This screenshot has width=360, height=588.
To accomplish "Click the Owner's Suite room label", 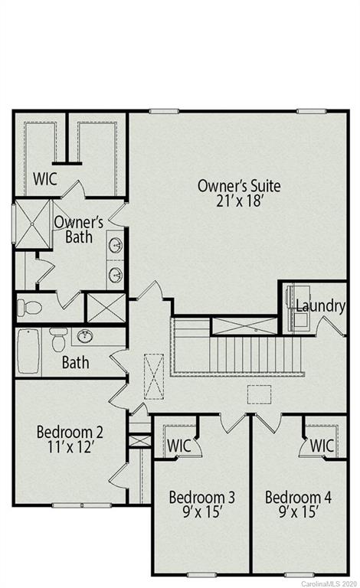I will [239, 185].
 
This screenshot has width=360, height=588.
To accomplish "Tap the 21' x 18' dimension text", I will [239, 201].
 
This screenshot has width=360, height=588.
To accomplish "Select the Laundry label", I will [320, 306].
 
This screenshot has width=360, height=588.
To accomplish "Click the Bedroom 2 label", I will [70, 433].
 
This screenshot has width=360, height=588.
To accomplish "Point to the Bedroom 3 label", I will [201, 498].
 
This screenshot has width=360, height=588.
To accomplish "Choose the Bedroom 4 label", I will [298, 498].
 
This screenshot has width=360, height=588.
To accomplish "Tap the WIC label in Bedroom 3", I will [178, 445].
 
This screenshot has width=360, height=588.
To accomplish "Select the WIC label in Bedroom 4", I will [322, 445].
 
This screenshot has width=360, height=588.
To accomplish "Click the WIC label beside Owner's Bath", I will [45, 179].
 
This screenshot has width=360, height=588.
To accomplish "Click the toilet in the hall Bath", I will [58, 337].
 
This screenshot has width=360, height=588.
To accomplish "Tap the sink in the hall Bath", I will [85, 336].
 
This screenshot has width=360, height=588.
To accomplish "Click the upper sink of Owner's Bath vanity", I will [116, 245].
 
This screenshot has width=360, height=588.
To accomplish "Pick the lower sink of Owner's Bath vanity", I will [116, 274].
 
